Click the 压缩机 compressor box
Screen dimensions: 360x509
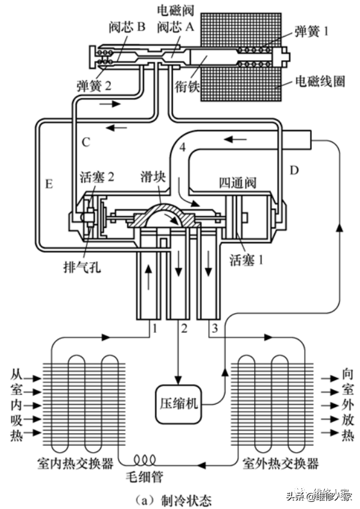[178, 404]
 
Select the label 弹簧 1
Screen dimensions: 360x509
[311, 31]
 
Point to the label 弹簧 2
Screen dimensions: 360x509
[94, 86]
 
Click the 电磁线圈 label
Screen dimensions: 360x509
[320, 81]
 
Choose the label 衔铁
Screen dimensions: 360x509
[187, 86]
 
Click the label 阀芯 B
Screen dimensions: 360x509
[127, 28]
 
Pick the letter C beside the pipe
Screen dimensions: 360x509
[86, 142]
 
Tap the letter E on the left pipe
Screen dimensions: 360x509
[49, 184]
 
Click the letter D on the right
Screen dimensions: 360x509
[294, 170]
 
